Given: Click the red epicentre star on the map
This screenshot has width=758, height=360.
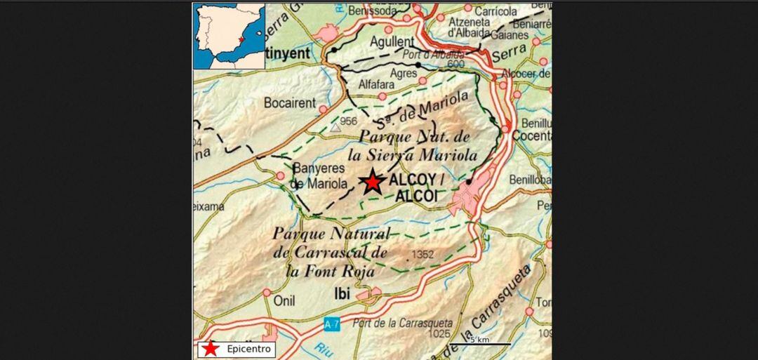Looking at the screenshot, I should pyautogui.click(x=371, y=182).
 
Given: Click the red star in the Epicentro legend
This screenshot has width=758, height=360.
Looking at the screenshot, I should pyautogui.click(x=208, y=349).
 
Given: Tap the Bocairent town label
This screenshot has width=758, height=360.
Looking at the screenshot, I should pyautogui.click(x=289, y=103).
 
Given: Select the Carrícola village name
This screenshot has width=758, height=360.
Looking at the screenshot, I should pyautogui.click(x=496, y=11).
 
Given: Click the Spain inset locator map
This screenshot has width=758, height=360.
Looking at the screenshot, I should pyautogui.click(x=230, y=36).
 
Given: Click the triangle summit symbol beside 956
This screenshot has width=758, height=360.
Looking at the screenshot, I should pyautogui.click(x=335, y=127).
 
